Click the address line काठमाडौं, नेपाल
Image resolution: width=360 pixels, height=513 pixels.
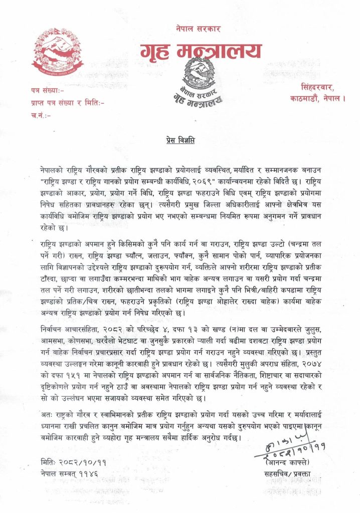click(x=318, y=98)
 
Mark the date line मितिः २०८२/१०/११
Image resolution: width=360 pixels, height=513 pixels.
click(x=74, y=461)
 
